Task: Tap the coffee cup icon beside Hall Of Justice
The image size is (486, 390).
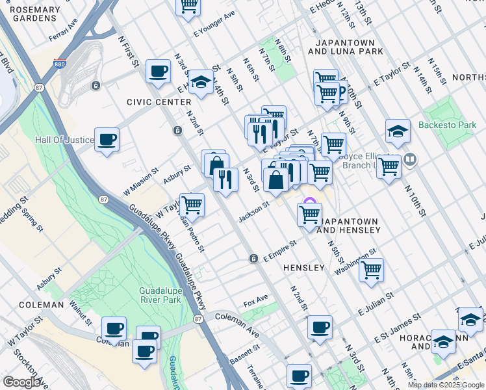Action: pos(107,138)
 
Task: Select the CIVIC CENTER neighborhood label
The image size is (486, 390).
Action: pos(159,102)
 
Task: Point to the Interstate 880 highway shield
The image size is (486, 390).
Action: pos(59,65)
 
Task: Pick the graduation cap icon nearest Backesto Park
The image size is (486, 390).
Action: pos(398,131)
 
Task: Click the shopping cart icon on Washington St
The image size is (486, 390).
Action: pos(371,270)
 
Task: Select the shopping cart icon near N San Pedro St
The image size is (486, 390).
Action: pos(192,205)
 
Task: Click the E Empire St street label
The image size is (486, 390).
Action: pos(279,252)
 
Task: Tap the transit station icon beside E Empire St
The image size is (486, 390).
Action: pos(253,259)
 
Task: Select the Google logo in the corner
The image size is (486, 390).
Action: pos(21,382)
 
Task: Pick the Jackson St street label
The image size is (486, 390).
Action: pos(253,211)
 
